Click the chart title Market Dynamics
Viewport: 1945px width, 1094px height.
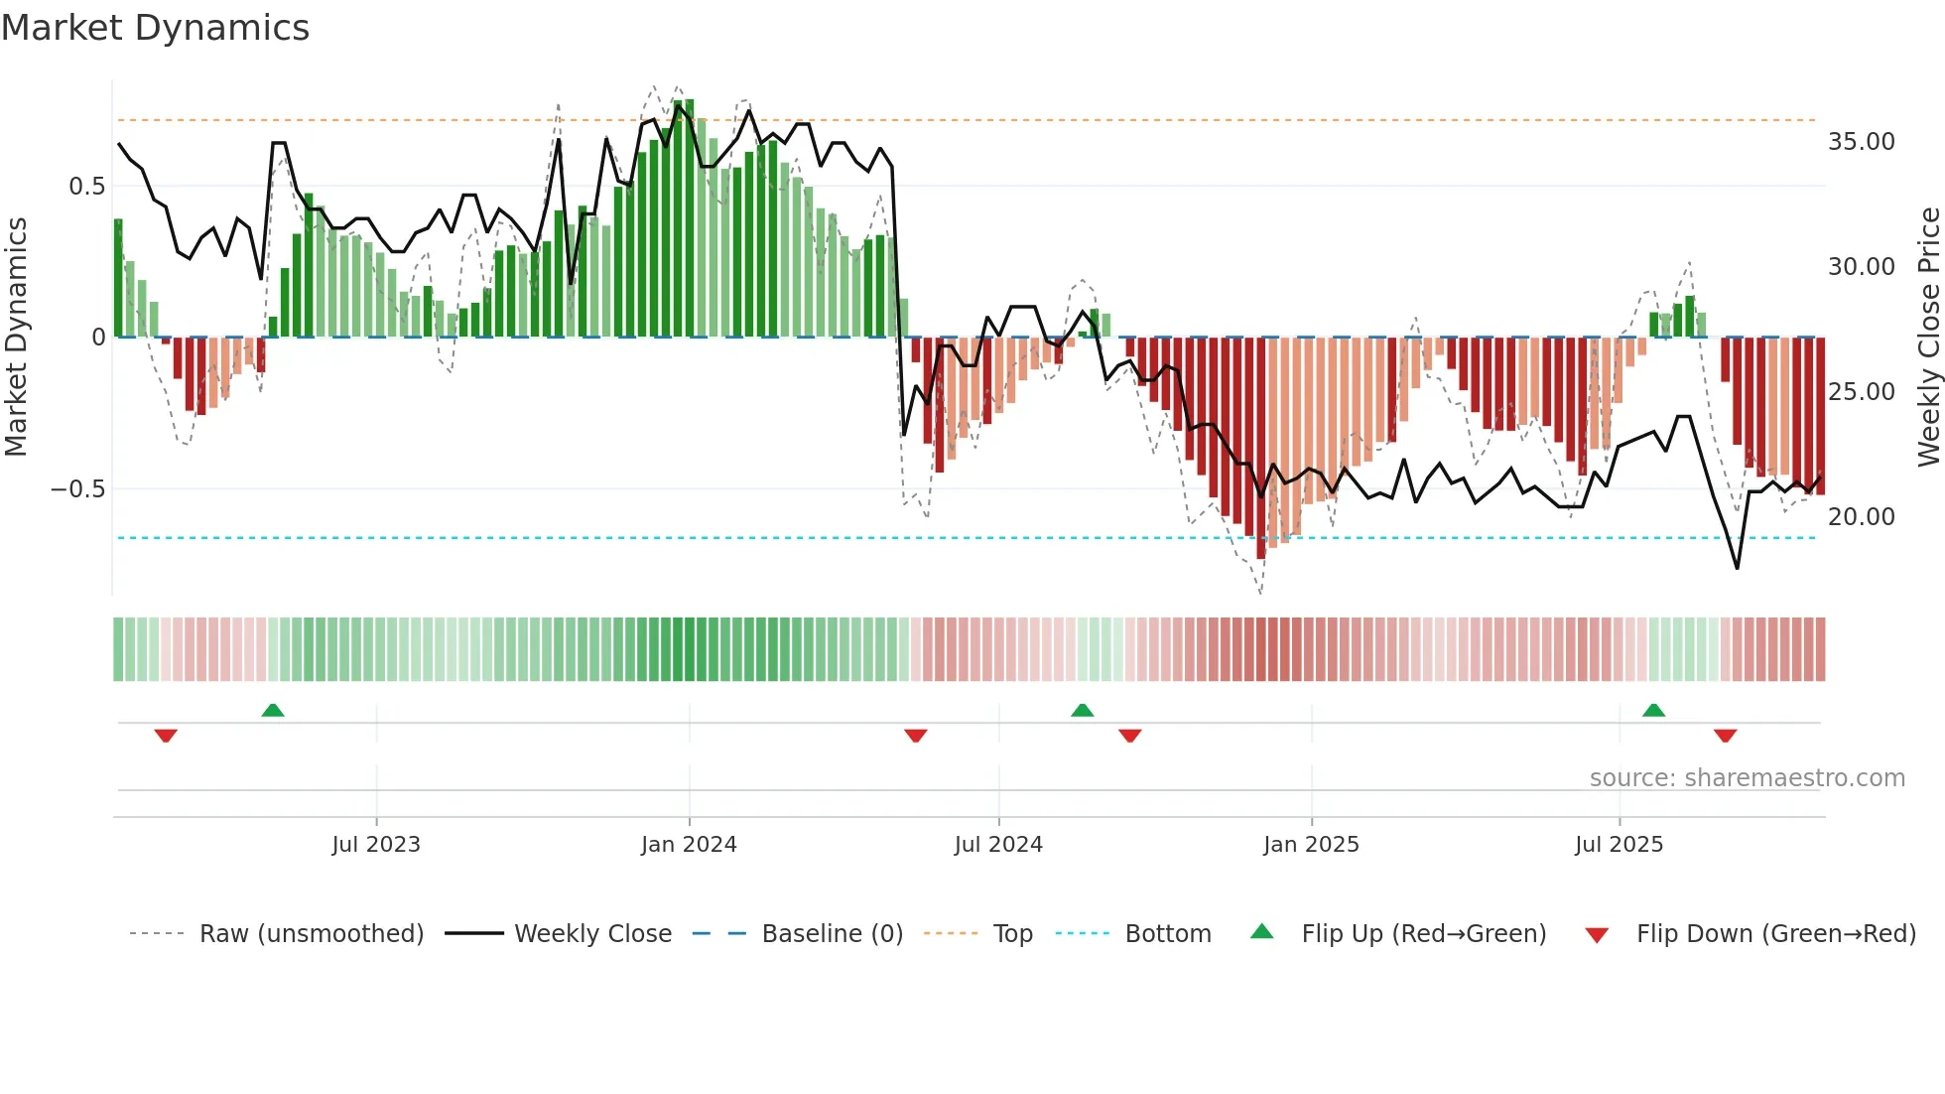[x=155, y=28]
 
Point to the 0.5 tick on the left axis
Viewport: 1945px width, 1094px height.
[x=86, y=187]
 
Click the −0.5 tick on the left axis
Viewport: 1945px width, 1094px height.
[x=77, y=489]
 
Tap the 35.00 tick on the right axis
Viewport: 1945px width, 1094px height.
[x=1861, y=142]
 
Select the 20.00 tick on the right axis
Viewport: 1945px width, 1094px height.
[x=1861, y=517]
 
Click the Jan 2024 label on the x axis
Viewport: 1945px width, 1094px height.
[x=689, y=845]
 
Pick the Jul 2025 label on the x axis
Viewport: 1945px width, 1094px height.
[x=1619, y=845]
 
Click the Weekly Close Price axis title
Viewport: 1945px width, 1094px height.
[x=1928, y=337]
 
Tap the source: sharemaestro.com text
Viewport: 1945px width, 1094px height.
[x=1747, y=778]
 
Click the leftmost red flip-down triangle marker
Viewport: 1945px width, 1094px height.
[x=166, y=736]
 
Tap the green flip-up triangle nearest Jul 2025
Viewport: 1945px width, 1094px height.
[x=1653, y=710]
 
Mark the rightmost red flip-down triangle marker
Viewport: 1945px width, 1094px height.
[x=1725, y=736]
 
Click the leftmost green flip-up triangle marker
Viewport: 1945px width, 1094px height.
[x=273, y=710]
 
